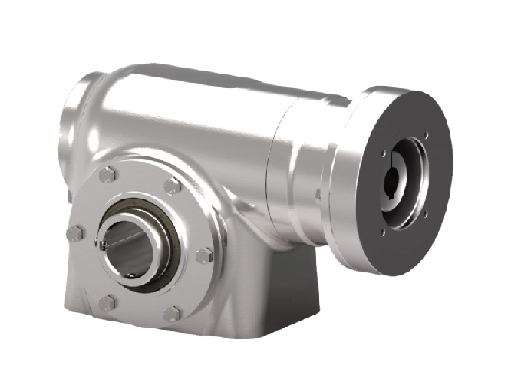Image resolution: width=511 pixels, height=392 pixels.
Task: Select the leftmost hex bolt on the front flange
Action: point(74,233)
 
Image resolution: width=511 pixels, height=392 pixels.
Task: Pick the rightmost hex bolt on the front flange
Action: point(204,255)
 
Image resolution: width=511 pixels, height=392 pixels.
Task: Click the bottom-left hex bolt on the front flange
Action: point(107,302)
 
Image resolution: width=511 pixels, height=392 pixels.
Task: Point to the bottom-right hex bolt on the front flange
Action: point(173,313)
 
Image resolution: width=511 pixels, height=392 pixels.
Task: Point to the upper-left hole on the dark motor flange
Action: point(384,153)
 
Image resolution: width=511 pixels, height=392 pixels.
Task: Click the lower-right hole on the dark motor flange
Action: point(426,214)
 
